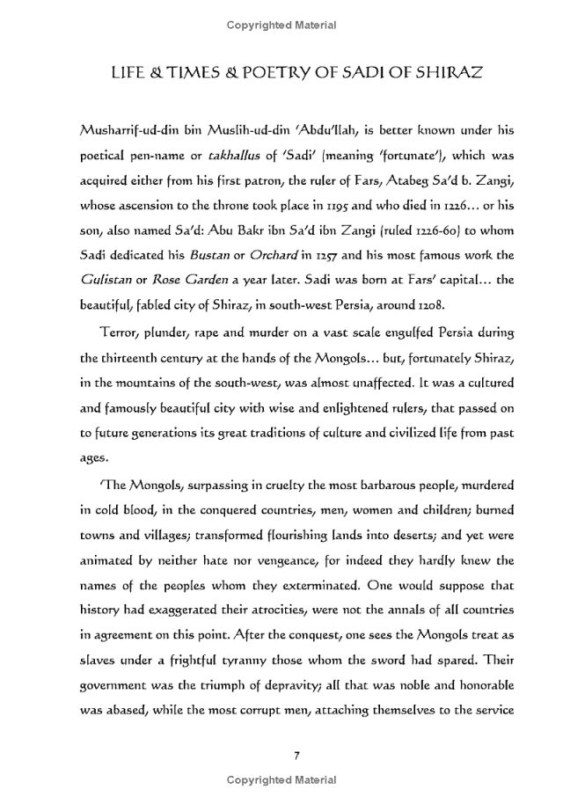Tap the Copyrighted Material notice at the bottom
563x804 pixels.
pos(281,780)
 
